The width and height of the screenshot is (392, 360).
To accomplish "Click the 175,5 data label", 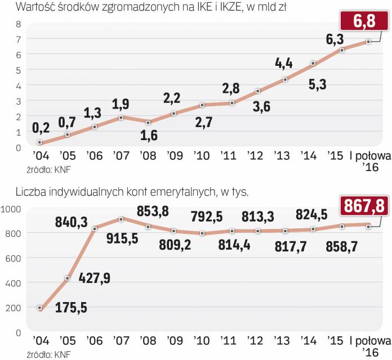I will click(70, 310).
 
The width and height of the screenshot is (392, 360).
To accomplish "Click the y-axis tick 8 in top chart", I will click(18, 24).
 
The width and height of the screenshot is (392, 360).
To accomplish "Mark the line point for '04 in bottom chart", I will click(39, 308).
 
